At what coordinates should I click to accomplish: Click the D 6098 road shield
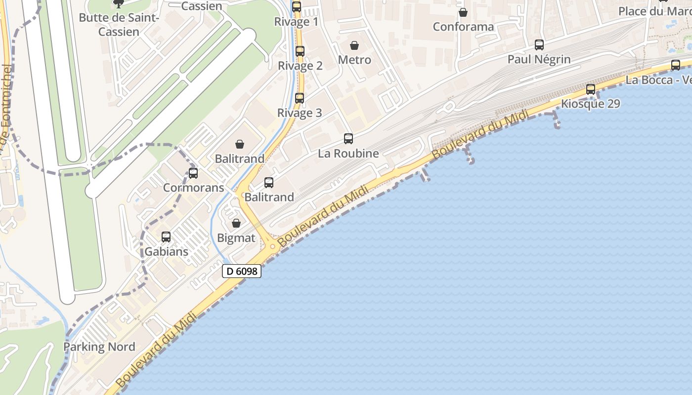click(241, 271)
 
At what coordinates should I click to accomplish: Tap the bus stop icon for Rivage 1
click(297, 7)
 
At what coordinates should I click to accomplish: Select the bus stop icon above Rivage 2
click(300, 51)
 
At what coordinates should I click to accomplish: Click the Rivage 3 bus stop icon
click(300, 98)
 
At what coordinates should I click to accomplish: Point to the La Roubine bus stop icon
click(348, 139)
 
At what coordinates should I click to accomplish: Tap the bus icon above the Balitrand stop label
click(269, 183)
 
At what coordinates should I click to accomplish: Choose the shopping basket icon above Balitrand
click(240, 144)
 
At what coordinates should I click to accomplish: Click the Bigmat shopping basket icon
click(236, 223)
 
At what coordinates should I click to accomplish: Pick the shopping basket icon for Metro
click(354, 45)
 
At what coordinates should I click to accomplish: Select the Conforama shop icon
click(463, 12)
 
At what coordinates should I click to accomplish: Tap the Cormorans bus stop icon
click(193, 173)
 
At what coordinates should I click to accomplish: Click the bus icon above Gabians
click(166, 237)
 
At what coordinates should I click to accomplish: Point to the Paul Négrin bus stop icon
click(539, 45)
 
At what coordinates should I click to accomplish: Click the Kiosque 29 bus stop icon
click(591, 89)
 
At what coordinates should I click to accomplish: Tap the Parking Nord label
click(99, 347)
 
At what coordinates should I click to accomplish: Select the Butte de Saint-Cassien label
click(119, 25)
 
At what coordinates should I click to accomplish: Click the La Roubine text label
click(348, 154)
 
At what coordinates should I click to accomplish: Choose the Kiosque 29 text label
click(591, 104)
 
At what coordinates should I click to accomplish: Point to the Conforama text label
click(463, 27)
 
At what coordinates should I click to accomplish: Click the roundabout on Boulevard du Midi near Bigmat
click(272, 246)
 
